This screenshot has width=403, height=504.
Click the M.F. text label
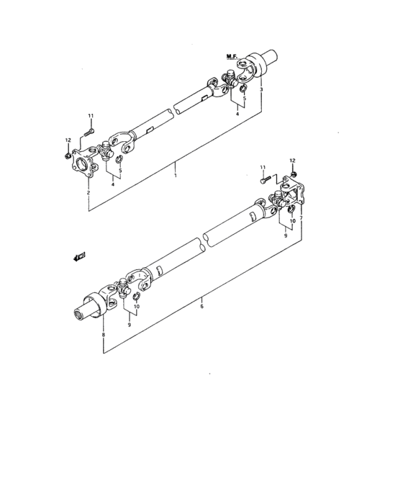[232, 57]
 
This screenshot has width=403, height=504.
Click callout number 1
[176, 176]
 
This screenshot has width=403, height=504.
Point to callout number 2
[89, 192]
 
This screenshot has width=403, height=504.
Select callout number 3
[261, 89]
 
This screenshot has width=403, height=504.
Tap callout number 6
[201, 306]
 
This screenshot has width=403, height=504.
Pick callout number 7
[301, 218]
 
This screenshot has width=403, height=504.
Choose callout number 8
[103, 335]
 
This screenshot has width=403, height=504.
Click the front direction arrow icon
[78, 256]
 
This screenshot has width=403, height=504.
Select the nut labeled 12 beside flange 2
[68, 156]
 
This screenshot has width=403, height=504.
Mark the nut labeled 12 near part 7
[294, 174]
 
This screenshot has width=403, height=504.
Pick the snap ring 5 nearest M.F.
[244, 87]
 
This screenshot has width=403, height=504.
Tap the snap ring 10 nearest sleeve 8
[136, 296]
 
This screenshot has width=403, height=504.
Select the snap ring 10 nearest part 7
[291, 210]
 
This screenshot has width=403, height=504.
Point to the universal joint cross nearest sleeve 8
[122, 287]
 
